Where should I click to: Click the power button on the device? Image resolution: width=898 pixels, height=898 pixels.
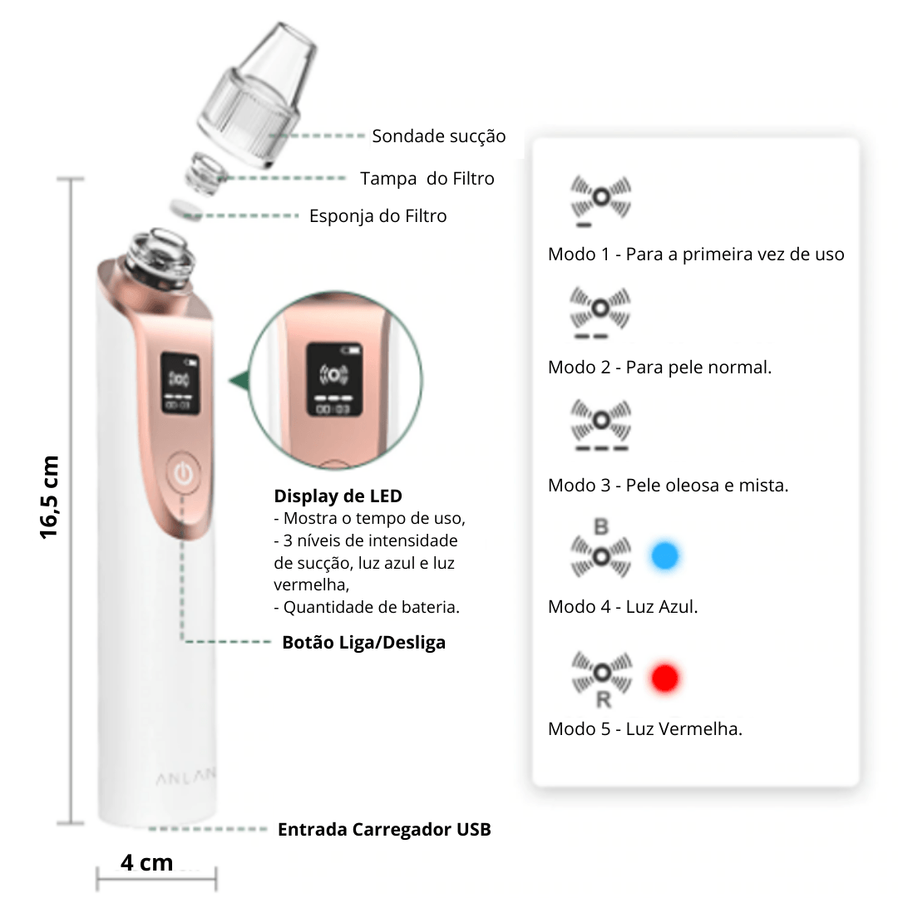183,474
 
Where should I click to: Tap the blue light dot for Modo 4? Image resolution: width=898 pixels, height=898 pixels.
665,555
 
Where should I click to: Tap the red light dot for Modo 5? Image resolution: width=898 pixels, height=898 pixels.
665,678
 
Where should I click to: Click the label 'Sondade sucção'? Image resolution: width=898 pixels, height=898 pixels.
439,136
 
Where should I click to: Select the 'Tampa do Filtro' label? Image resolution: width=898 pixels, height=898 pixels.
427,179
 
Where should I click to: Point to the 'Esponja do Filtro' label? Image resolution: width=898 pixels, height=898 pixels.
378,216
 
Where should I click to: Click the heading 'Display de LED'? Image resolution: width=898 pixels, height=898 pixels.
338,496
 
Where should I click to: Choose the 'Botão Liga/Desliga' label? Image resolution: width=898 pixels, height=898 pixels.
363,643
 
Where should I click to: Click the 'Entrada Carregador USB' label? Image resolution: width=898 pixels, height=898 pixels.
384,829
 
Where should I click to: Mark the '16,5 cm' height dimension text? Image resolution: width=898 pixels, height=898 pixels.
49,498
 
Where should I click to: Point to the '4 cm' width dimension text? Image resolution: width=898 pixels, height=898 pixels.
146,862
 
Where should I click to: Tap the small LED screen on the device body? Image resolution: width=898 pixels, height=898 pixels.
180,383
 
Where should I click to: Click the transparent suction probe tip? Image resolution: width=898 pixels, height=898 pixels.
257,95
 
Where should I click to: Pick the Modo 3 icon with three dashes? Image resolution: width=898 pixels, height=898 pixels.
601,424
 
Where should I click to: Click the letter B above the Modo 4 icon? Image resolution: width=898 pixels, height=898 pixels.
601,526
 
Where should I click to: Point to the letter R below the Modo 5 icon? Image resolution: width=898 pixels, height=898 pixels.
603,699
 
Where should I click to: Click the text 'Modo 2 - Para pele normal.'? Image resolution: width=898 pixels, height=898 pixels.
659,368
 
